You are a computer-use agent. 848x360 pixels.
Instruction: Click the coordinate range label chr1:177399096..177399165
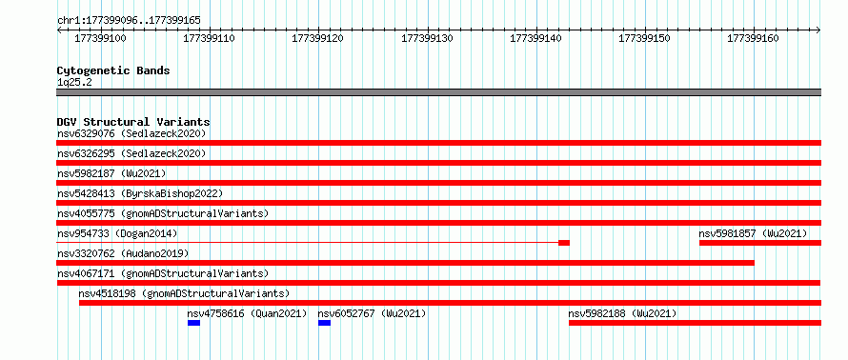(129, 21)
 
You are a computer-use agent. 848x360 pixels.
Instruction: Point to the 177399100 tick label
(100, 38)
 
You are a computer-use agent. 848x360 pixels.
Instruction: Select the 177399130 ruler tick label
(428, 38)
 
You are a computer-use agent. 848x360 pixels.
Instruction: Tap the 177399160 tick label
(754, 38)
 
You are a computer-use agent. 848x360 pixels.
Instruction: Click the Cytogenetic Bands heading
(113, 70)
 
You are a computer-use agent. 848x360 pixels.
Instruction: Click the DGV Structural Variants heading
(133, 122)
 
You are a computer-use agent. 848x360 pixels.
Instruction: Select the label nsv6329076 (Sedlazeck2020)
(131, 133)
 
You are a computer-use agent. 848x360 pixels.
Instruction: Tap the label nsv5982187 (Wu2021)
(111, 173)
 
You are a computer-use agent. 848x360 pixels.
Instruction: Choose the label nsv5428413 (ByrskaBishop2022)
(140, 193)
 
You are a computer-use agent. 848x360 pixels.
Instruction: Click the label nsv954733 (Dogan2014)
(117, 233)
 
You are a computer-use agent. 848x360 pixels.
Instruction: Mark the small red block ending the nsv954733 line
(564, 243)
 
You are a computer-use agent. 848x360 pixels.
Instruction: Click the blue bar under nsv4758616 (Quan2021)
(193, 323)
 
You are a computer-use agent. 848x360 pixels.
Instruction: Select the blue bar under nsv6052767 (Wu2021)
(325, 323)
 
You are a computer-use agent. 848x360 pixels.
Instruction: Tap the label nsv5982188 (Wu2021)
(622, 313)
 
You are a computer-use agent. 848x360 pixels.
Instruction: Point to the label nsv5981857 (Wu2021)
(753, 233)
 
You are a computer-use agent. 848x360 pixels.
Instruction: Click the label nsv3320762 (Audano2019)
(123, 253)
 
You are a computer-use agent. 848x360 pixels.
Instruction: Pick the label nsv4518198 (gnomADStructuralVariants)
(184, 293)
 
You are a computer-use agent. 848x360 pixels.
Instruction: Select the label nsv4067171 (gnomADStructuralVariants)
(163, 273)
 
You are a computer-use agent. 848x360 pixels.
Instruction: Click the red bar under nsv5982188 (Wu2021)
(695, 323)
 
